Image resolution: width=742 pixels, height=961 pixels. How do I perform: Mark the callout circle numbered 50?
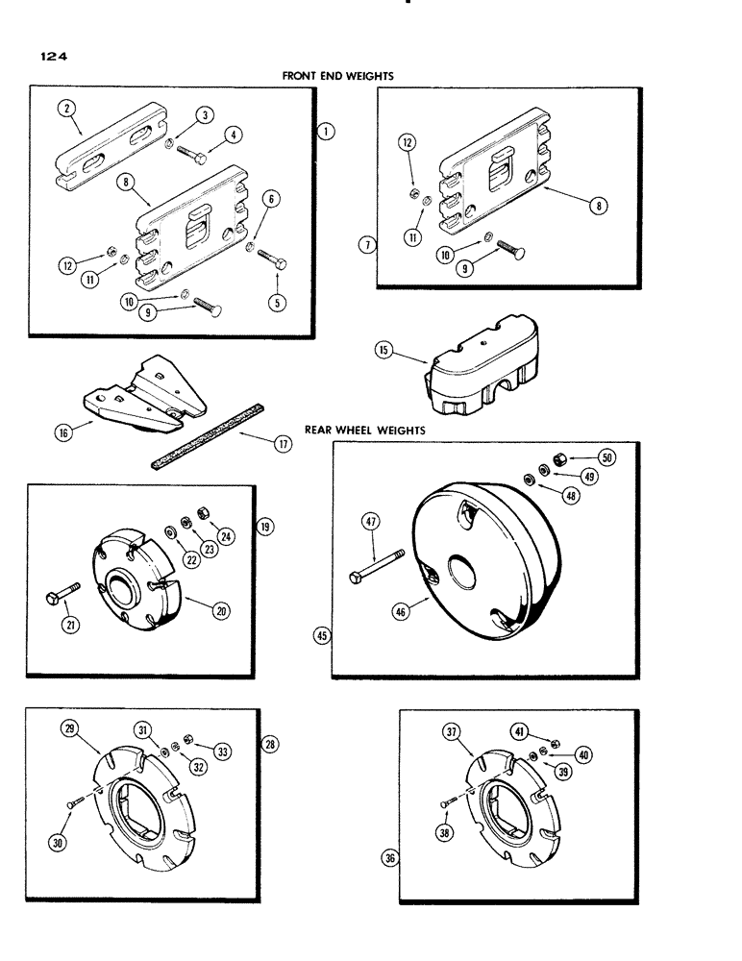pos(606,456)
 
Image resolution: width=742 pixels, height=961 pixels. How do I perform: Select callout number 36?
pos(387,859)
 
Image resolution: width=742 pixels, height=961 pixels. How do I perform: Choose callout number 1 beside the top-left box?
pos(327,134)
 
